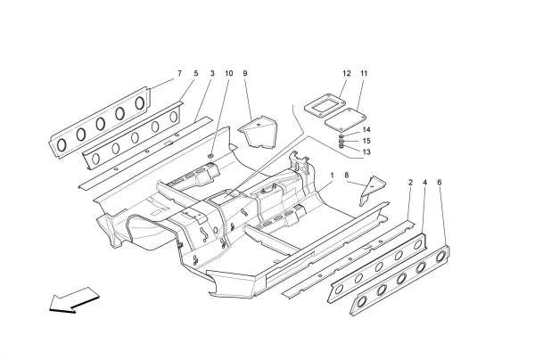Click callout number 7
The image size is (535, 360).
point(179,72)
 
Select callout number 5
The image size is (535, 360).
point(195,72)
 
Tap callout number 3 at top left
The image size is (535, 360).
point(212,72)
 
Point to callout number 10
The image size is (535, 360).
point(228,72)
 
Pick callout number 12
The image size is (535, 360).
point(346,72)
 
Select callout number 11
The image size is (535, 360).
point(364,72)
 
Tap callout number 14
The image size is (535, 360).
point(366,130)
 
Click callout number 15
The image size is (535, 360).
point(366,141)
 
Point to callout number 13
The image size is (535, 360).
point(366,151)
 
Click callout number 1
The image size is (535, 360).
point(332,175)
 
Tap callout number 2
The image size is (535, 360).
point(409,183)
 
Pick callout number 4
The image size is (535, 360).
point(424,183)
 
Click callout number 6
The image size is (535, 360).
point(440,183)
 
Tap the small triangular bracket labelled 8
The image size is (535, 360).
point(371,190)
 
